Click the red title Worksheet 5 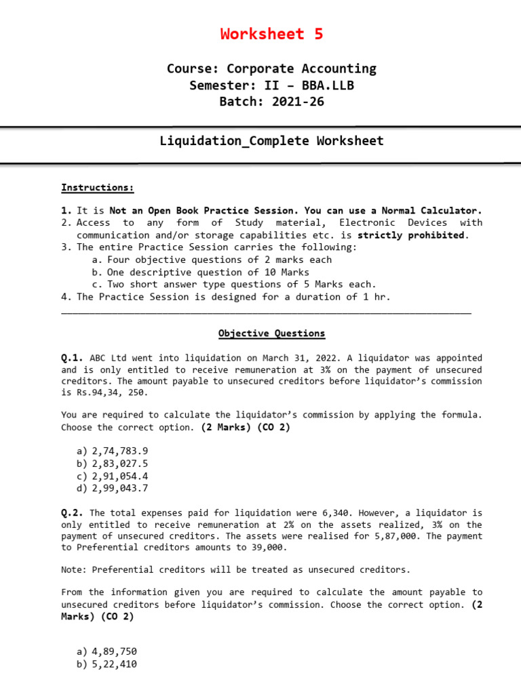[x=271, y=35]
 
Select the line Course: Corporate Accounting [x=271, y=68]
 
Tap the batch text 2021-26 [x=300, y=102]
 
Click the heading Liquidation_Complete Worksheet [x=271, y=141]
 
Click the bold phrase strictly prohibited [x=412, y=235]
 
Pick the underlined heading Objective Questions [x=271, y=333]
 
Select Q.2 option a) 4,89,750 [x=107, y=651]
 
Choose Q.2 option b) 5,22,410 [x=107, y=664]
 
